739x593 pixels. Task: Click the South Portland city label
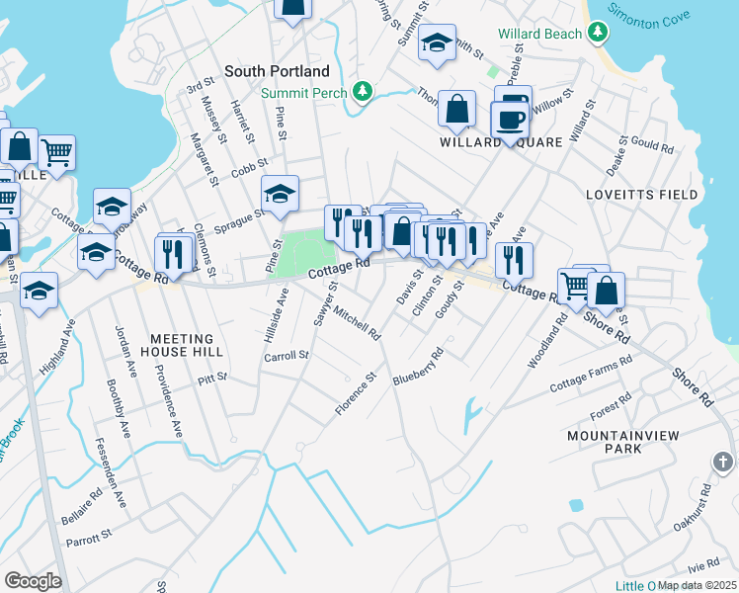click(277, 71)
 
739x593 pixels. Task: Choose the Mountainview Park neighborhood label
click(613, 441)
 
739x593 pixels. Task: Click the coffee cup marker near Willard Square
click(510, 121)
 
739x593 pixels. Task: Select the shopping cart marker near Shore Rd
click(574, 287)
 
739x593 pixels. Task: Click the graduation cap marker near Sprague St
click(280, 194)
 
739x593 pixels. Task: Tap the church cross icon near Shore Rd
click(722, 462)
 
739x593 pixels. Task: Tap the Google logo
click(33, 580)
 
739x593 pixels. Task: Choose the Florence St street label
click(356, 393)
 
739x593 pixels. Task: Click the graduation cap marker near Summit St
click(437, 43)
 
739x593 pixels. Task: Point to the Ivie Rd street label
click(703, 564)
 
